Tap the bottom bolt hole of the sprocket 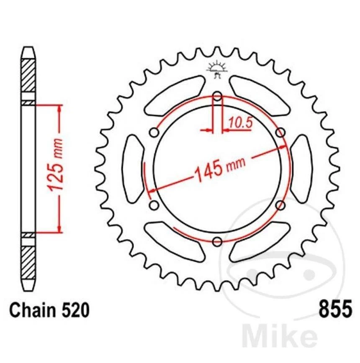point(217,241)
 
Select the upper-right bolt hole point(280,133)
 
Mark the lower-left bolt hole point(154,205)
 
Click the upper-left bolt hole point(154,133)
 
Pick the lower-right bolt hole point(280,205)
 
